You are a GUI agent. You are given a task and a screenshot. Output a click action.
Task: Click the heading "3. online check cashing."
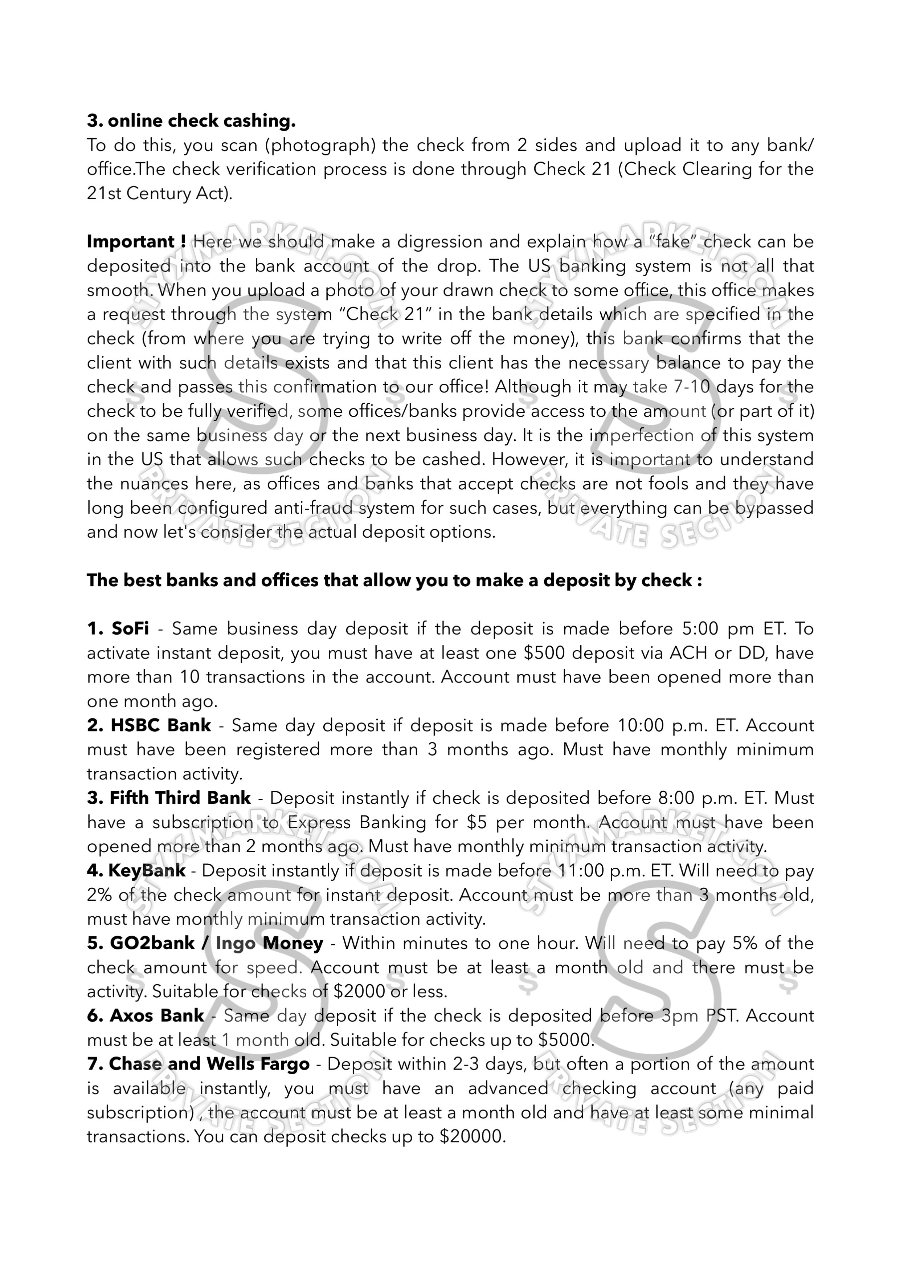(191, 121)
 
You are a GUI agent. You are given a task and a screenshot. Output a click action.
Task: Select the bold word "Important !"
(136, 242)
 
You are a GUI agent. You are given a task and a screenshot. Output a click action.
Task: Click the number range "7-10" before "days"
(691, 387)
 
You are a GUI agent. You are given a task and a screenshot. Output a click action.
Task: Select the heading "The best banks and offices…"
(394, 581)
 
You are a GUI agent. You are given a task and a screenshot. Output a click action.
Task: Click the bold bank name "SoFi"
(130, 629)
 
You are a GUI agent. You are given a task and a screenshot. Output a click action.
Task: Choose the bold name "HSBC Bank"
(161, 725)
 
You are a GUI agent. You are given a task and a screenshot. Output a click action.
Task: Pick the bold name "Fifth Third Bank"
(180, 798)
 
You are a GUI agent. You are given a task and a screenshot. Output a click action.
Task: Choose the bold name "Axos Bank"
(157, 1016)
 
